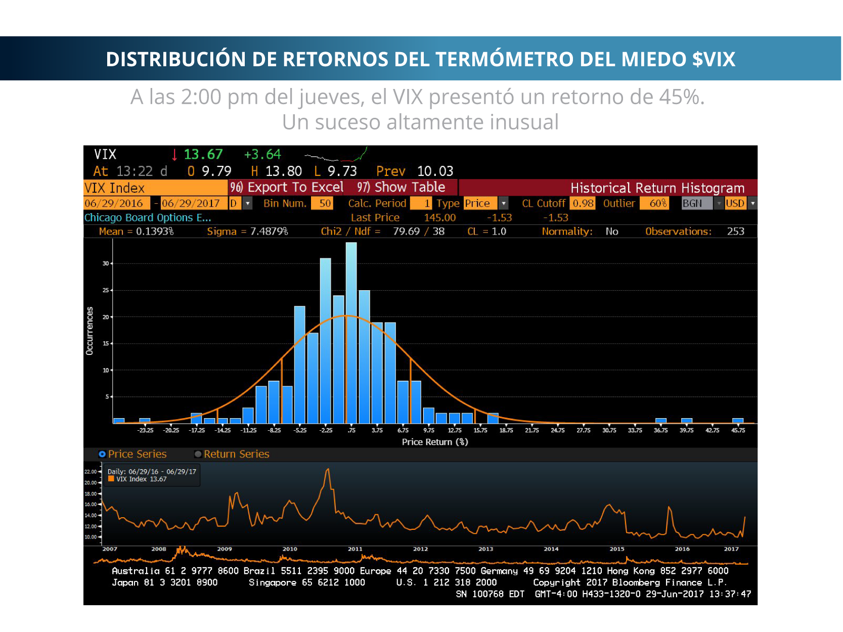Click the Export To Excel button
(x=287, y=188)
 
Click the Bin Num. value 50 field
(x=322, y=203)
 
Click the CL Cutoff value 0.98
(x=583, y=203)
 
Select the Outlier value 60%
(x=654, y=203)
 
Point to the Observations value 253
(x=735, y=232)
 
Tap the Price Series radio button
(x=102, y=454)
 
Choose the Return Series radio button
(x=198, y=454)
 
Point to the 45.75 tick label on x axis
(x=738, y=430)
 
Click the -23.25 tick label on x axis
(x=145, y=430)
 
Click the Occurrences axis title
(x=90, y=331)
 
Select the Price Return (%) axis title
(x=435, y=442)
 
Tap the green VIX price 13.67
(x=203, y=154)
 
